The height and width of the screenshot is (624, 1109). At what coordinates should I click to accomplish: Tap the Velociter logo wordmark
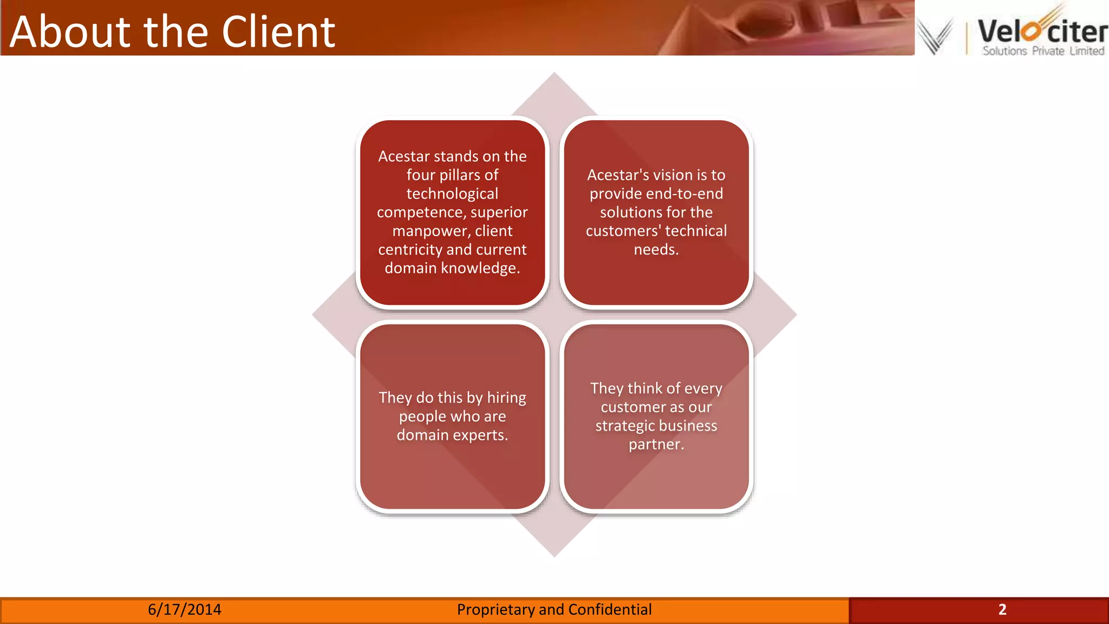1042,31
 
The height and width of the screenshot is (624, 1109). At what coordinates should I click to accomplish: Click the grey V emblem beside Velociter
935,36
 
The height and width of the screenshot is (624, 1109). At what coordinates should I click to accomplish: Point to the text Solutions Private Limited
1043,51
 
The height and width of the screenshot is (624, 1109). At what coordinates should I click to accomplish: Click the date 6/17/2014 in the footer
185,609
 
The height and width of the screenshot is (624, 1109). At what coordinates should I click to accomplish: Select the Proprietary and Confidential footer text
554,609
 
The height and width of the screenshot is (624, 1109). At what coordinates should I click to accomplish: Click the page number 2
1002,609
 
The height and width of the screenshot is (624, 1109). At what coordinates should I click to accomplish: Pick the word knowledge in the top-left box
480,268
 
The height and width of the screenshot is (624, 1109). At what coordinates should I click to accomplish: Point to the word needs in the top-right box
656,250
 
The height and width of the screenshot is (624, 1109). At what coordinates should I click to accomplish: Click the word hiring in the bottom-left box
506,398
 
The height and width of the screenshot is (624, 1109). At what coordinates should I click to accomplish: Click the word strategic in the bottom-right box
627,426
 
